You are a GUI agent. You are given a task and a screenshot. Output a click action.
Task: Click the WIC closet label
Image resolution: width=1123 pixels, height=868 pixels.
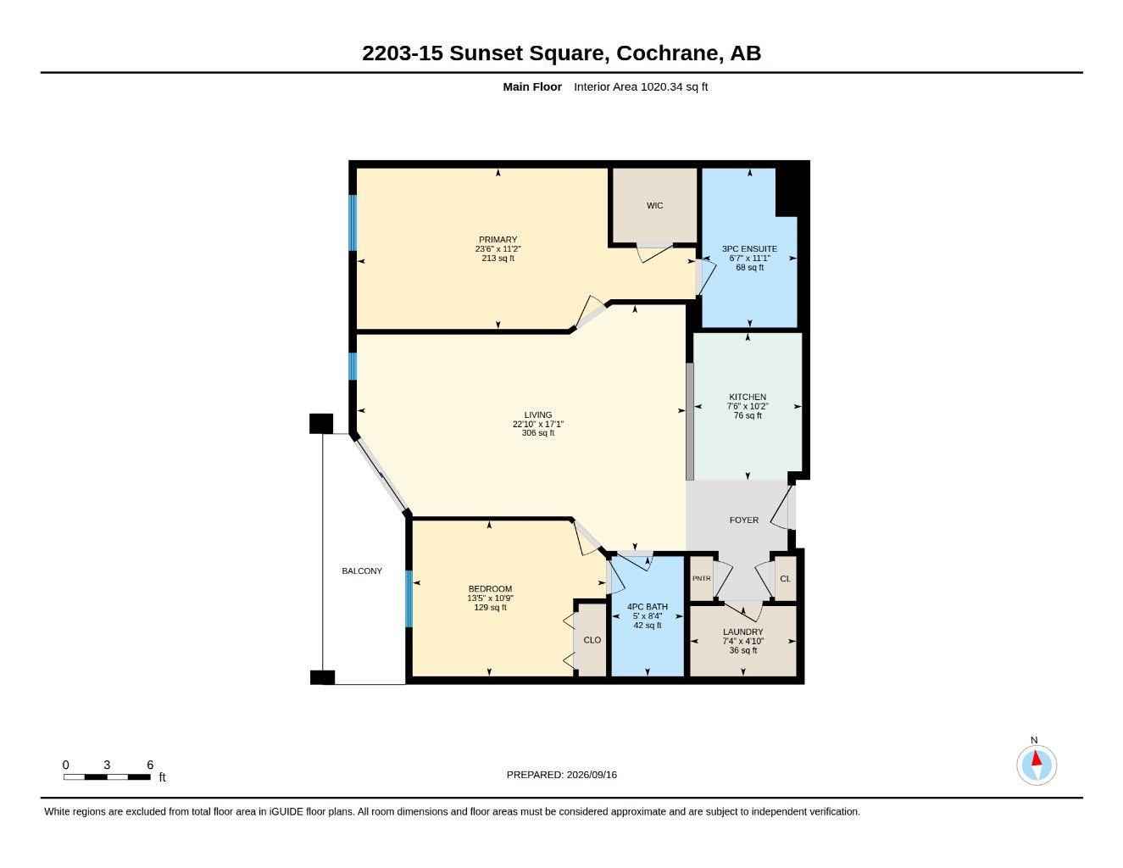point(654,206)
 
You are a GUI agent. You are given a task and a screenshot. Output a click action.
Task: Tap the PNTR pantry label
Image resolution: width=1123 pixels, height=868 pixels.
point(701,579)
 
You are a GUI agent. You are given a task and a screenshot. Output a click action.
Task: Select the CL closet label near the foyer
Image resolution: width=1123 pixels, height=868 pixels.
point(785,579)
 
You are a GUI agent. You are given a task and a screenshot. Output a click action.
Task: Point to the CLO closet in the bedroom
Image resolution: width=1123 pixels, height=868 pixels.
point(592,640)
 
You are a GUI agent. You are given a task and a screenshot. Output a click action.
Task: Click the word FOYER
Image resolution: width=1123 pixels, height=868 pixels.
point(743,520)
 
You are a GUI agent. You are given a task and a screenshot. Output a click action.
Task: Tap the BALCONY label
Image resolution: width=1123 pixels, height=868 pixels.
point(362,571)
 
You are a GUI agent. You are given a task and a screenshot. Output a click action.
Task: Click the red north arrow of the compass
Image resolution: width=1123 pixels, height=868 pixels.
point(1037,758)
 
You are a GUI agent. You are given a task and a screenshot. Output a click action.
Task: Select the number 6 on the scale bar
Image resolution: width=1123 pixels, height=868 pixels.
point(150,765)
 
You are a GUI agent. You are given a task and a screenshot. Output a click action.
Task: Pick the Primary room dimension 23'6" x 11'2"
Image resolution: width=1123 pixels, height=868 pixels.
point(498,249)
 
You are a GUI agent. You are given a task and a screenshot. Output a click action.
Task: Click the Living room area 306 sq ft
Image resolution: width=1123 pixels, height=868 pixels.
point(537,433)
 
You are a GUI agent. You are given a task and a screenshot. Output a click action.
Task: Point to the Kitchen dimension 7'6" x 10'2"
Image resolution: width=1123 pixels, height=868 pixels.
point(748,407)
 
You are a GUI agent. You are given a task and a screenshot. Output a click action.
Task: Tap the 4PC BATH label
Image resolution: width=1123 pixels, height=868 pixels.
point(647,607)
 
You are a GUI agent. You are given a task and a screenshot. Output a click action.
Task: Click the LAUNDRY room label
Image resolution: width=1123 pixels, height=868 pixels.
point(742,632)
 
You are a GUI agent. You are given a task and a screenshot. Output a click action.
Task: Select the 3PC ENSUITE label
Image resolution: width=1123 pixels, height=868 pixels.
point(749,249)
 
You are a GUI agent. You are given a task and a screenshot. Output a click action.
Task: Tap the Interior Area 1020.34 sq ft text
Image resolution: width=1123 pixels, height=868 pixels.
point(640,86)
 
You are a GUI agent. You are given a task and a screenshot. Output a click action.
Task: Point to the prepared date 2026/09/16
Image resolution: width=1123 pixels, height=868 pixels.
point(592,775)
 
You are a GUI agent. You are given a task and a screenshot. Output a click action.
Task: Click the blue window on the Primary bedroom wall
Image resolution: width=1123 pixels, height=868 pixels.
point(353,223)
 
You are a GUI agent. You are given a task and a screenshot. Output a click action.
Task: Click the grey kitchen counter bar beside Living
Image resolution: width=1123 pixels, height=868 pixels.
point(689,421)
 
